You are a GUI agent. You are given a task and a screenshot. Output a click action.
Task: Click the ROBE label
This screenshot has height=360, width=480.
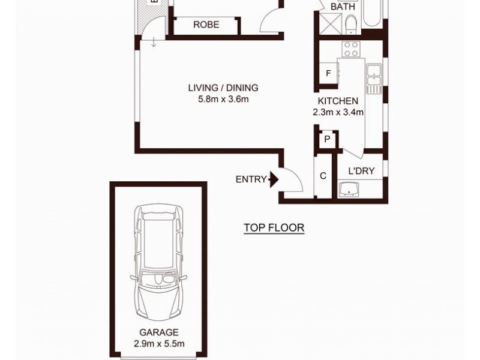pos(206,25)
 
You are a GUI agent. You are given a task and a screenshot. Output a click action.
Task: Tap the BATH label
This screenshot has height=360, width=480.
pos(343,7)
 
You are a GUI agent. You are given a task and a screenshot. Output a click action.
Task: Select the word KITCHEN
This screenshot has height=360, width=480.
pos(338,101)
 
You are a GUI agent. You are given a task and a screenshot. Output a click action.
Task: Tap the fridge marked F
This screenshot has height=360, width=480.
pos(328,74)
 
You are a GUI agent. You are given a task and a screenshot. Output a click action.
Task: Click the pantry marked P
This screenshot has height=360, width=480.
pos(327,139)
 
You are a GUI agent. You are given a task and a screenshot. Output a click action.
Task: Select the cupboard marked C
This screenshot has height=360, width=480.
pos(323,176)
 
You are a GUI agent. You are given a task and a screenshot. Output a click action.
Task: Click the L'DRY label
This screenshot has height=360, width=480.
pos(361,171)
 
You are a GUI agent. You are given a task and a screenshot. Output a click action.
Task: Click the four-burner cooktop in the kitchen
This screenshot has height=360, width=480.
pos(350,49)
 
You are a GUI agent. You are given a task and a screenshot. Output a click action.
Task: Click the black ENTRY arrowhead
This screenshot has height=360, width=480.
pos(274,179)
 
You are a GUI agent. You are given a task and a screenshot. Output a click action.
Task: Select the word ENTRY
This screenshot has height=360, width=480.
pos(251,179)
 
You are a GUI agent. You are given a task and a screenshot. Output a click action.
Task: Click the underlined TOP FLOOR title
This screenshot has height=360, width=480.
pos(274,228)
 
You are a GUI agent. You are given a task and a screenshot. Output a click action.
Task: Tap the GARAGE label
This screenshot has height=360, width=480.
pos(160,331)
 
